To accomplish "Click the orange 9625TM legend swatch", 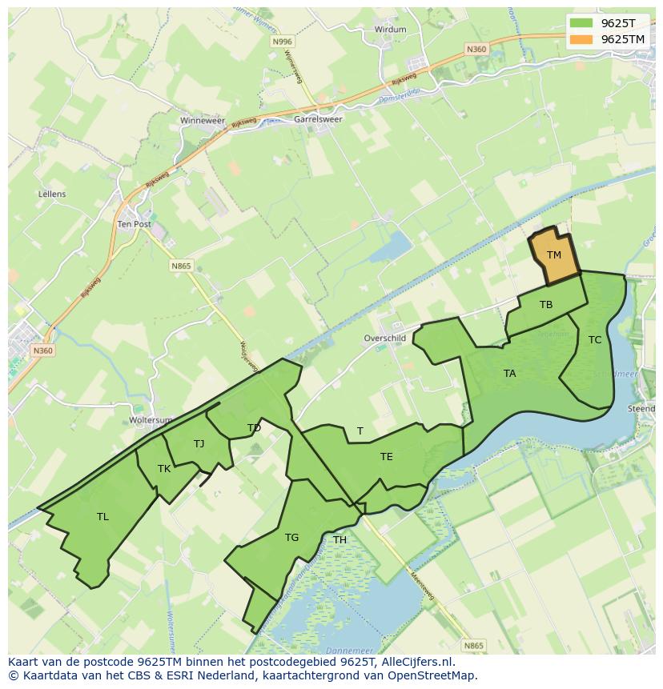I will tap(582, 39).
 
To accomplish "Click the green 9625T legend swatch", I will tap(582, 23).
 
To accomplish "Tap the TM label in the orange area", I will tap(553, 255).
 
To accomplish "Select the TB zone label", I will tap(546, 305).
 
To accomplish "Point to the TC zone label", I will tap(594, 340).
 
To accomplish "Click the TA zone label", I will tap(509, 374).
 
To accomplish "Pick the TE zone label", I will tap(386, 457).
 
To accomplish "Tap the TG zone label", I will tap(291, 538).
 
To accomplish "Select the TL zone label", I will tap(102, 517).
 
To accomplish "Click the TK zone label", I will tap(163, 469).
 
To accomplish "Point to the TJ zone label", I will tap(199, 444).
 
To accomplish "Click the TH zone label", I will tap(340, 540).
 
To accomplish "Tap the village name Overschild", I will tap(385, 338).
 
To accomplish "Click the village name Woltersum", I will tap(151, 420).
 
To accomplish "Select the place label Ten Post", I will tap(134, 225).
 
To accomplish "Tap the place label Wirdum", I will tap(390, 30).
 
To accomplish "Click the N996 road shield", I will tap(282, 42).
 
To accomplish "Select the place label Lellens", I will tap(52, 194).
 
